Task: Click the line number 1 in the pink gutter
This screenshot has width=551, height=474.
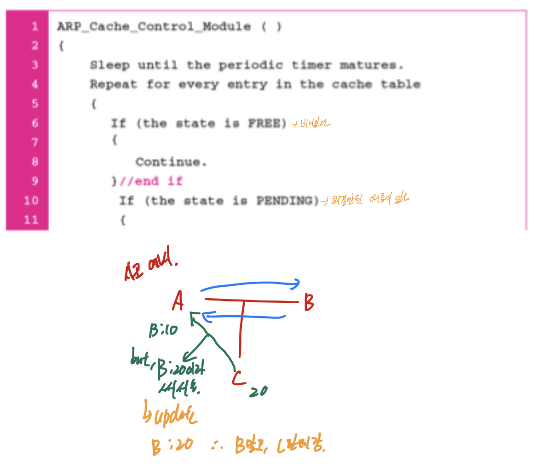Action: point(34,27)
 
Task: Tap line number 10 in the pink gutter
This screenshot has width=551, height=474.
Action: point(31,201)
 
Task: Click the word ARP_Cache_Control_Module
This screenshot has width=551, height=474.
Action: point(154,27)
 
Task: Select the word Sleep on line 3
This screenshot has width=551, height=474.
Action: point(109,65)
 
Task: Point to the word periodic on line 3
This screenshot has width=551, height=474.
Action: point(250,65)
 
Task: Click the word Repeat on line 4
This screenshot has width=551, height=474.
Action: point(113,85)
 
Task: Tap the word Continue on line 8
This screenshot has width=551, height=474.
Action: point(171,162)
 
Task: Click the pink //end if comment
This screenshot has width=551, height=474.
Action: point(150,181)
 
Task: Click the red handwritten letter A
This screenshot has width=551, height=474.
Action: point(178,301)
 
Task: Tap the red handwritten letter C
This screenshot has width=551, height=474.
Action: point(238,378)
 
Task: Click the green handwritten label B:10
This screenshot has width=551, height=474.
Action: point(163,330)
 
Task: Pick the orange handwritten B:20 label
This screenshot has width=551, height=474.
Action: point(172,446)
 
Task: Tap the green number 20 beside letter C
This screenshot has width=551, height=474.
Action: point(258,392)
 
